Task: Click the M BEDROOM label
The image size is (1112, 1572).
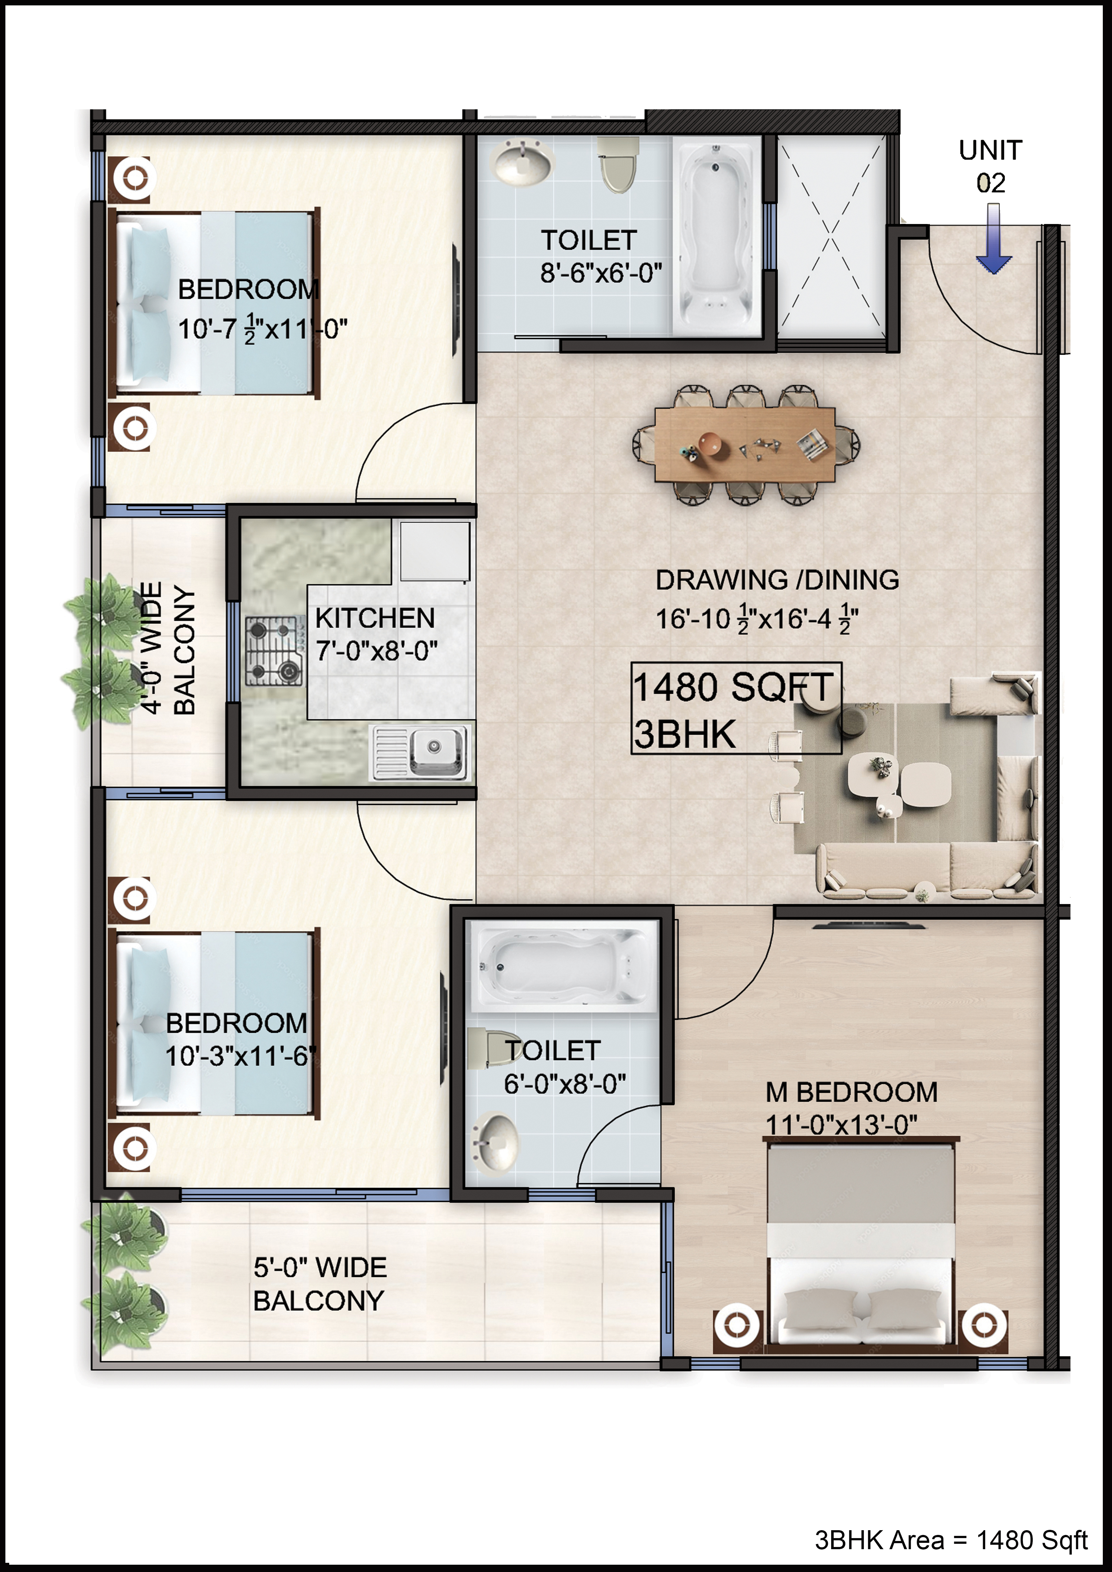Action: click(x=851, y=1092)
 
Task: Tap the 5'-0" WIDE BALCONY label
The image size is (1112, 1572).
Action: click(x=320, y=1284)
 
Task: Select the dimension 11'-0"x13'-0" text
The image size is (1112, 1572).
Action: click(x=841, y=1125)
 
